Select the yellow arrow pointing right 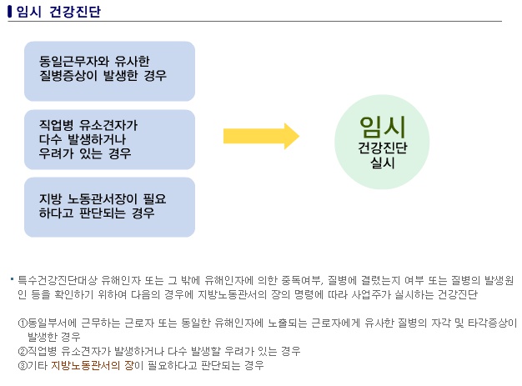pos(261,136)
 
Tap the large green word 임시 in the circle pos(382,126)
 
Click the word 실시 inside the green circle pos(382,163)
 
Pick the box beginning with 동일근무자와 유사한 pos(109,72)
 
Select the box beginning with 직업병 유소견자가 pos(109,139)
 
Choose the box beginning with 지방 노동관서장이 pos(109,207)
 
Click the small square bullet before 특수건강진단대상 pos(12,278)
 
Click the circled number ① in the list pos(23,323)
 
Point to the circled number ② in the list pos(23,351)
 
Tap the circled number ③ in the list pos(23,365)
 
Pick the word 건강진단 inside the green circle pos(382,148)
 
